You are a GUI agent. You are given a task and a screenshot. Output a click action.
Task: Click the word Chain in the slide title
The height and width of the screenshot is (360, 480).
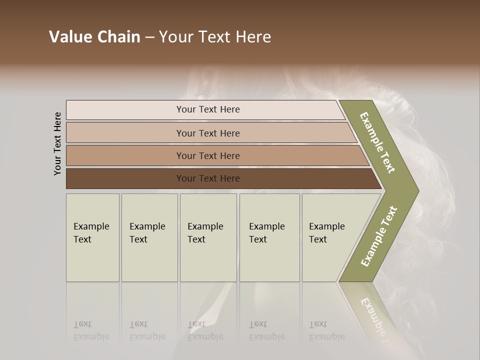(118, 37)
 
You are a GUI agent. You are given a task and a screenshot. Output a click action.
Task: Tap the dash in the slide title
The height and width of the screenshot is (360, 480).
(149, 37)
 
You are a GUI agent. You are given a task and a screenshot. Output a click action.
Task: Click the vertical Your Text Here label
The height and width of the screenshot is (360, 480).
(57, 143)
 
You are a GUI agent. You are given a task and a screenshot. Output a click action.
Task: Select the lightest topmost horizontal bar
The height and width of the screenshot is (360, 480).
(207, 109)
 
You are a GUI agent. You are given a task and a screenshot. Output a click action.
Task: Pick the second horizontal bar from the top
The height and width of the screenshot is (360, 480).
(207, 133)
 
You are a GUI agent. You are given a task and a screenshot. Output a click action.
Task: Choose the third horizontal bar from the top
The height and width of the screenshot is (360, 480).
(207, 155)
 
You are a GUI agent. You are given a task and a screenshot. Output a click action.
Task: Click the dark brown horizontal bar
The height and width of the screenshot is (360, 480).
(207, 178)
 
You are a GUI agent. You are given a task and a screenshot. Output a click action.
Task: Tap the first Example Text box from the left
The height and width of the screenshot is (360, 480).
(92, 237)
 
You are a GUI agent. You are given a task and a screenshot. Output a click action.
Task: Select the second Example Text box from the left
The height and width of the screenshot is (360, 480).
(149, 237)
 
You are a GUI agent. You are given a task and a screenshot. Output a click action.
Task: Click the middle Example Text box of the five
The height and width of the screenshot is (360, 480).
(208, 237)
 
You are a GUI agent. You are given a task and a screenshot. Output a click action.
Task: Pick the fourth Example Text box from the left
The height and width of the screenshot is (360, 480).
(269, 237)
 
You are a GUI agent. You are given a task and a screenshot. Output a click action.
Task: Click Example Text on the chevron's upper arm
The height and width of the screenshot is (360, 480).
(377, 142)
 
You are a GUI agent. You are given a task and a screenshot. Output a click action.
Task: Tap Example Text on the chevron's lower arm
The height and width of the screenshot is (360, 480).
(378, 236)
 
